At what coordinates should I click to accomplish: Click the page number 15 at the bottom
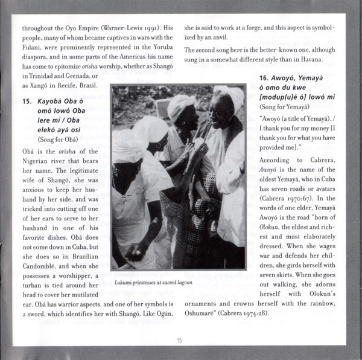(180, 341)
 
